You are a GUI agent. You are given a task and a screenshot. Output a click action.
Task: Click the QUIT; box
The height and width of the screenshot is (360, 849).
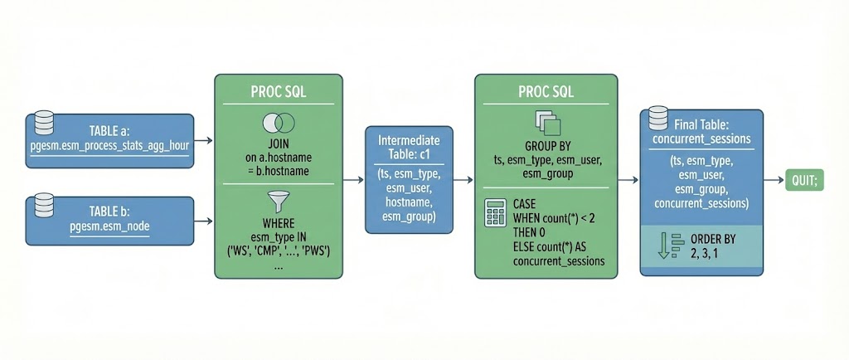pos(804,180)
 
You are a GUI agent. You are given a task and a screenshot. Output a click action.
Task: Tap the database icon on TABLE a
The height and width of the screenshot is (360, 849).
pos(44,125)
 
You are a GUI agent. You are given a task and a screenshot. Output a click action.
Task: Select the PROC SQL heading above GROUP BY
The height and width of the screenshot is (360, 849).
pos(544,91)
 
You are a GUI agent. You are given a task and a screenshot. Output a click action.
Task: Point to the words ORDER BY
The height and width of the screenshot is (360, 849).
pos(712,239)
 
